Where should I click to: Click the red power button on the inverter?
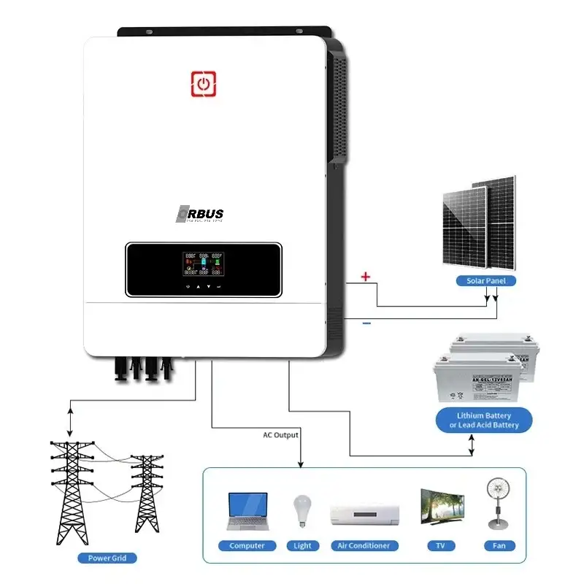coord(204,84)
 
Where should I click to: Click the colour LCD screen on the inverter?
coord(204,264)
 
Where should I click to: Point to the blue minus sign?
coord(366,323)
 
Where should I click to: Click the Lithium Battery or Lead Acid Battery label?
coord(479,420)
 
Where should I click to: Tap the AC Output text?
coord(281,435)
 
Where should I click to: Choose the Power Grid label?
coord(107,558)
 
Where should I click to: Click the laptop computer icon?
coord(247,511)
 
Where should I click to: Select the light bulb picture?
coord(301,510)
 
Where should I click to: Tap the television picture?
coord(442,507)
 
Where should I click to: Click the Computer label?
coord(247,546)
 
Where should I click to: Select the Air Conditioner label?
coord(364,546)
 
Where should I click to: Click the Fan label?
coord(499,546)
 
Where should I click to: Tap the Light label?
coord(302,546)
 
